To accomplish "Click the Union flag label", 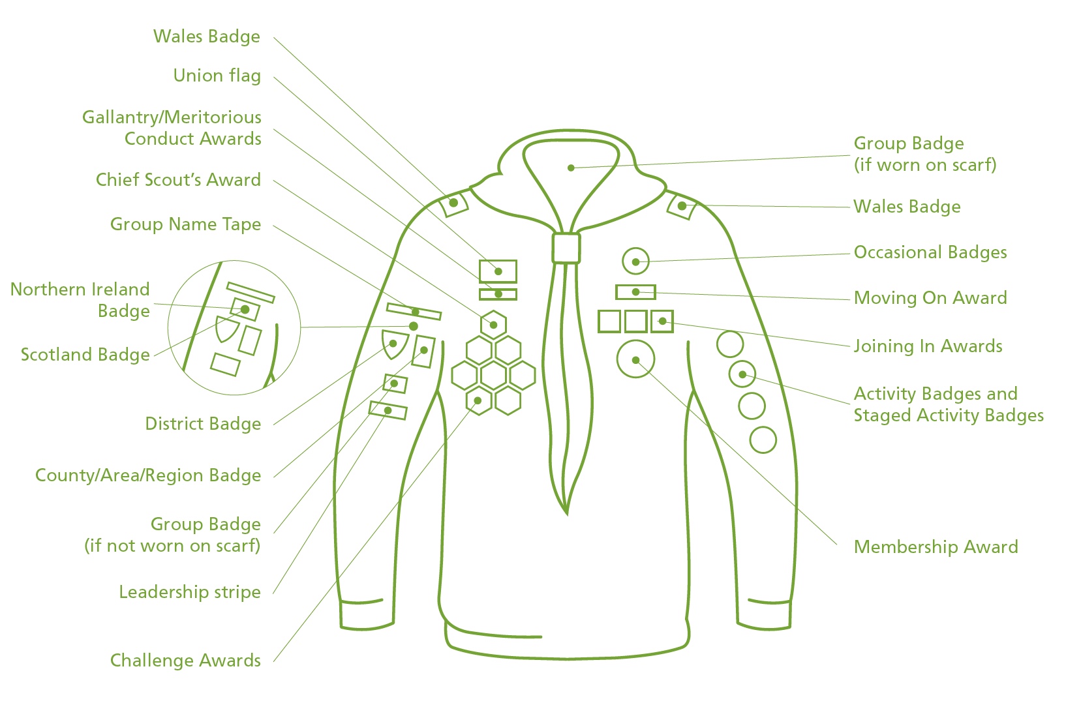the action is [x=217, y=76].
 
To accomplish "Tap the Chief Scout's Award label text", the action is [x=179, y=180].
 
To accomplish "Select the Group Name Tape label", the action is [x=185, y=224].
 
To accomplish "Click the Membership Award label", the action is [x=936, y=547].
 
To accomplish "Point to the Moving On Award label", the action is [x=930, y=298].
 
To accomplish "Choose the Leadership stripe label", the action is [x=190, y=592].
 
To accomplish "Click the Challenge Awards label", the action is [x=185, y=661].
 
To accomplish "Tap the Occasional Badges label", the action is [x=930, y=252].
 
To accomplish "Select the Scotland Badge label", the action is [x=85, y=355].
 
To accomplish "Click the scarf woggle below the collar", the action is [x=566, y=248].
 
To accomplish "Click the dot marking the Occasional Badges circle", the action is [x=635, y=262].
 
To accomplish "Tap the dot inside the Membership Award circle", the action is [x=635, y=360].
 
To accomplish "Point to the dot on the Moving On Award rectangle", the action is [x=635, y=292].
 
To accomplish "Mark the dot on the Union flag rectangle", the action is [x=498, y=271].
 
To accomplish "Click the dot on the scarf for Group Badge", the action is [x=571, y=168].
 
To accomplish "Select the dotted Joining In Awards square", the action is [x=662, y=322].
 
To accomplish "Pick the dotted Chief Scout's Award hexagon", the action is [x=493, y=325].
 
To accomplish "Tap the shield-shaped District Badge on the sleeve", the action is [x=394, y=344].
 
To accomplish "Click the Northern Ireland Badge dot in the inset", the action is [x=245, y=310].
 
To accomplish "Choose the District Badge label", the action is [x=203, y=424].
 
